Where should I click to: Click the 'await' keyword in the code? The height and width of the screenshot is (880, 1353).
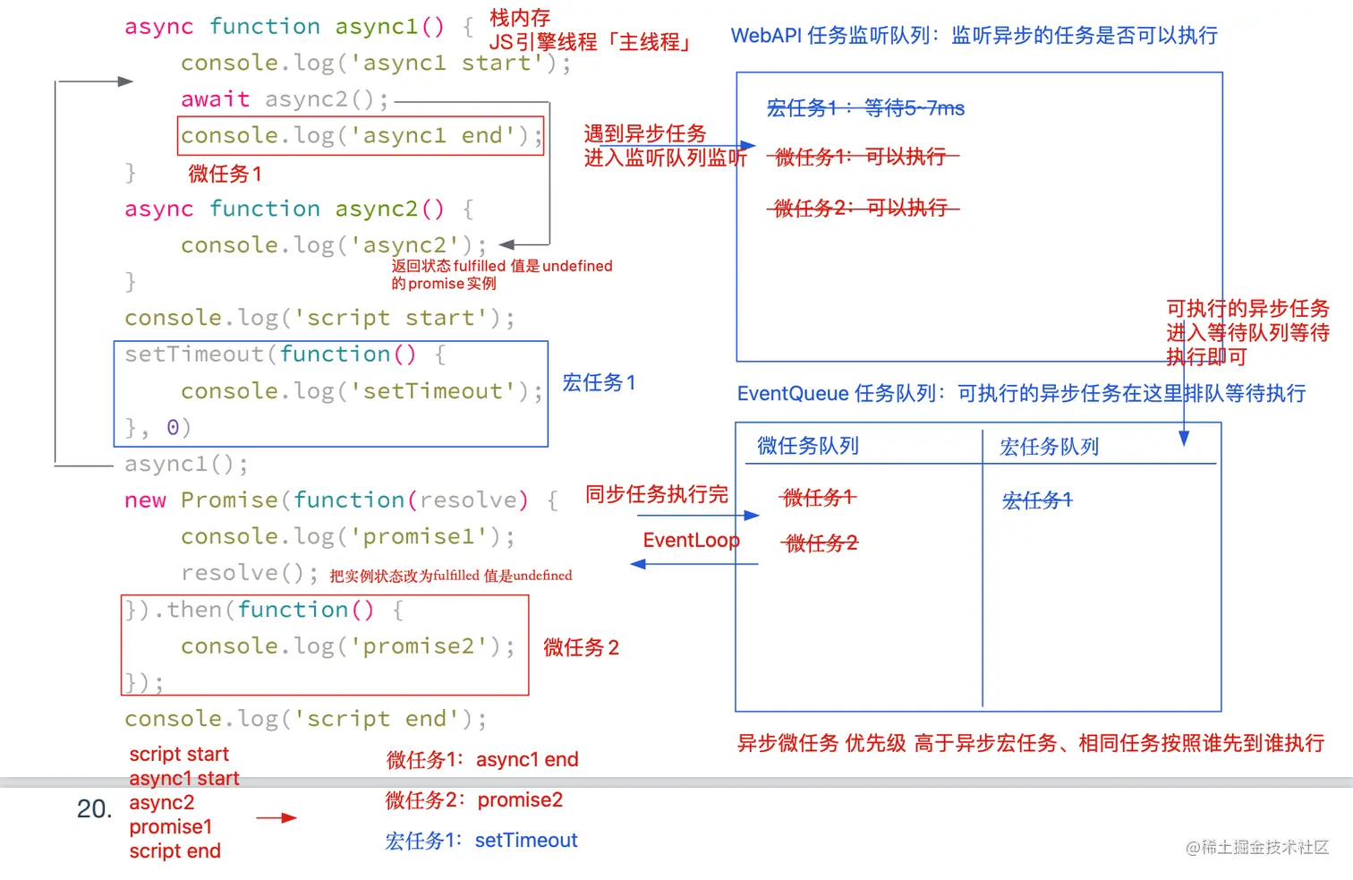215,99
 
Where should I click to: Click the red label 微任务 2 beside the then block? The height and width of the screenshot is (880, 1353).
581,647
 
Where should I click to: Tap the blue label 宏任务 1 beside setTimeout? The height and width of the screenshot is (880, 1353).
599,383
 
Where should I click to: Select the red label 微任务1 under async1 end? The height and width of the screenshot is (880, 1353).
225,174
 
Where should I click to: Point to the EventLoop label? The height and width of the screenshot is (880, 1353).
691,541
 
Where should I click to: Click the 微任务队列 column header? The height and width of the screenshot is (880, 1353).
808,446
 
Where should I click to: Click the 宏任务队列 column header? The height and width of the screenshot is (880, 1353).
1049,447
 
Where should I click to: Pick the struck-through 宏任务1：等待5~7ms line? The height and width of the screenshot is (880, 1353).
865,108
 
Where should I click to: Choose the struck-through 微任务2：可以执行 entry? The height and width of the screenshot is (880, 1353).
862,209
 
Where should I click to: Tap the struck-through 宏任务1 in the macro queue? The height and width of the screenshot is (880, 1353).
1036,500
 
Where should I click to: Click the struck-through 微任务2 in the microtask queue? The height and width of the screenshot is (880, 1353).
821,543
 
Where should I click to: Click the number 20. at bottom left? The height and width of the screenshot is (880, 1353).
94,809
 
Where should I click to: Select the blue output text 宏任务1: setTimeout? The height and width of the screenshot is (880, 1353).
481,841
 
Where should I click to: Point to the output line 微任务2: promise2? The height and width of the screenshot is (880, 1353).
474,800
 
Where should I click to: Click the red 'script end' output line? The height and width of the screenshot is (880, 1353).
174,851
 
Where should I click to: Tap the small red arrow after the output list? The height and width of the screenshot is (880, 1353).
276,818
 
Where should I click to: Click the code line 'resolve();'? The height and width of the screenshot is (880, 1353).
249,573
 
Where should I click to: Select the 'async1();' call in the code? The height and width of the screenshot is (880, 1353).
186,464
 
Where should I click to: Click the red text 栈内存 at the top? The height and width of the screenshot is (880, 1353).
520,18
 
